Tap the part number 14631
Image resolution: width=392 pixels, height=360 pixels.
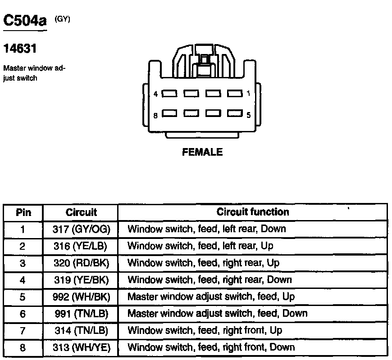tap(20, 49)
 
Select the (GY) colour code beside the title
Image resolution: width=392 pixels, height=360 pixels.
tap(63, 19)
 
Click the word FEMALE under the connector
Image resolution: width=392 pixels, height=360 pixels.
tap(202, 152)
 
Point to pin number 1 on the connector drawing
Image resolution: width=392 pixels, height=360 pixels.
tap(249, 94)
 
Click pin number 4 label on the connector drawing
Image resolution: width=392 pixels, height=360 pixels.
tap(155, 94)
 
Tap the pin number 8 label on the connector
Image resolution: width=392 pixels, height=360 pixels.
tap(155, 115)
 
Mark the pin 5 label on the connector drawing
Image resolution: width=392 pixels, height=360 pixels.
tap(249, 115)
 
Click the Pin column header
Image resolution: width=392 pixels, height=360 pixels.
tap(23, 212)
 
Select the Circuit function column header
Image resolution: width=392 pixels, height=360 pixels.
tap(253, 212)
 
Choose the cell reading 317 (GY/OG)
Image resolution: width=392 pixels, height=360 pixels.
tap(81, 229)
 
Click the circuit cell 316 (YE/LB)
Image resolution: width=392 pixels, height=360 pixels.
tap(81, 246)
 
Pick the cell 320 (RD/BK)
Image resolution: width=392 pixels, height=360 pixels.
tap(81, 263)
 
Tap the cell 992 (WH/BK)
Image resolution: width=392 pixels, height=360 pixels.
tap(81, 297)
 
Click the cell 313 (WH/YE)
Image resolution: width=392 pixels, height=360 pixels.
tap(81, 347)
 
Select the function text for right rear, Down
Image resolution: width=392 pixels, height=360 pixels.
tap(210, 280)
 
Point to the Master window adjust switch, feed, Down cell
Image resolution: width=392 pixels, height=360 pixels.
tap(217, 314)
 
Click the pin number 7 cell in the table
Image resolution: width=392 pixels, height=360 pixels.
tap(23, 331)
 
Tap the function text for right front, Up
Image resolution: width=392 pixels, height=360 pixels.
tap(205, 331)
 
